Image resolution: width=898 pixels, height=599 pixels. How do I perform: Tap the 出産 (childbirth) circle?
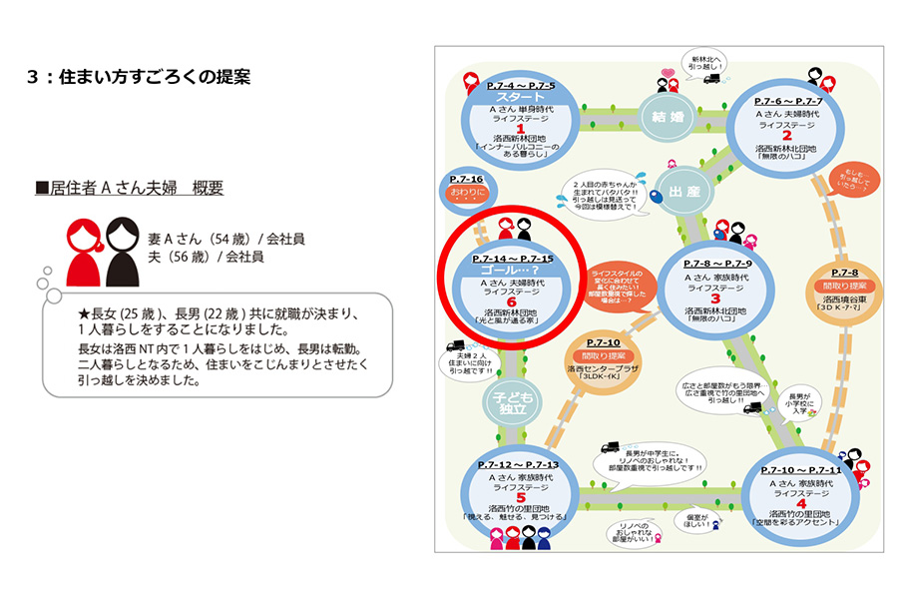(x=679, y=191)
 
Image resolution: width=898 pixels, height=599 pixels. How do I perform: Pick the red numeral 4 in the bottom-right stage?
(x=801, y=502)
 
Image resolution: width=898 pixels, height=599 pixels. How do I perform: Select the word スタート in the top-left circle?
(x=520, y=98)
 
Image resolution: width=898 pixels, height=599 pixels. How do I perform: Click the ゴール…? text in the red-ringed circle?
(x=509, y=271)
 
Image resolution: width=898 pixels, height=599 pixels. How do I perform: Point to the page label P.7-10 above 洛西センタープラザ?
(x=599, y=342)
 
